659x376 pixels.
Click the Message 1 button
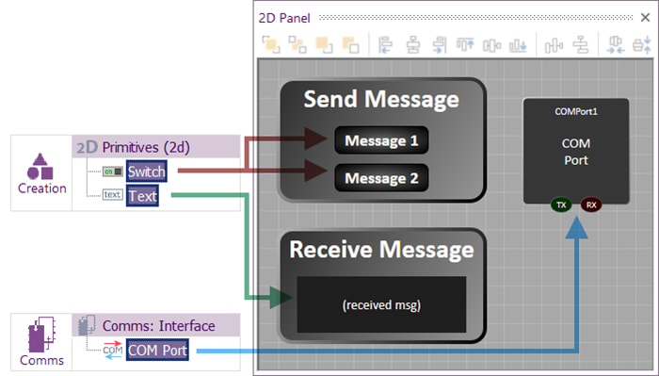(x=380, y=141)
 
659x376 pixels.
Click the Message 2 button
(x=380, y=177)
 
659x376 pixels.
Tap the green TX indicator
(x=561, y=204)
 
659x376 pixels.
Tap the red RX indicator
(x=591, y=204)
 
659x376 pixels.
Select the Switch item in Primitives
(x=147, y=172)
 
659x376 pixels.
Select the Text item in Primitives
(x=143, y=195)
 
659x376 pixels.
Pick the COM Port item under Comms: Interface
(x=157, y=351)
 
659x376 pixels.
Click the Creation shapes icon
(x=40, y=167)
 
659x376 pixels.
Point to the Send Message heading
(x=381, y=99)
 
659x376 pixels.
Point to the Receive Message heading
(x=381, y=250)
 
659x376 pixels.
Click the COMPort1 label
(x=576, y=111)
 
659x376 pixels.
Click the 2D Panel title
(x=287, y=18)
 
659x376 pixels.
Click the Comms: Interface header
(x=159, y=326)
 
